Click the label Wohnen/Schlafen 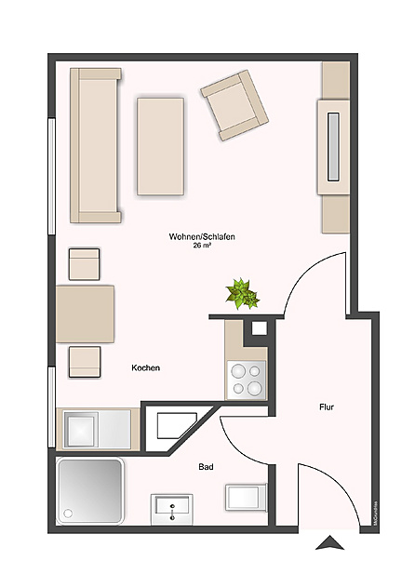coord(201,237)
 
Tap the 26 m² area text coord(202,247)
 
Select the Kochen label coord(145,368)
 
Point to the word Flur coord(326,407)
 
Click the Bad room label coord(207,468)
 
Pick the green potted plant coord(244,293)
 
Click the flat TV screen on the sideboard coord(332,144)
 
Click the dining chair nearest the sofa coord(85,263)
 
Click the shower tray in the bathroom coord(90,493)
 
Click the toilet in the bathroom coord(245,498)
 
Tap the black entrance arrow coord(329,543)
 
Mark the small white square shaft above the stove coord(259,327)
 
